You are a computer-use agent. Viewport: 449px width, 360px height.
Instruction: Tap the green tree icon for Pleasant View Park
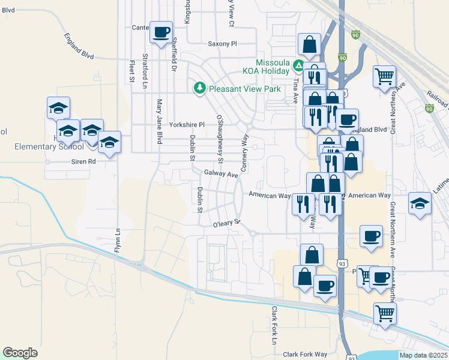[200, 89]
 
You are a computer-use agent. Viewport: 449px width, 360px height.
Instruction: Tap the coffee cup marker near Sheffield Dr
[161, 32]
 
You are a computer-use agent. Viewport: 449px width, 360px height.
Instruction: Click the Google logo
[20, 353]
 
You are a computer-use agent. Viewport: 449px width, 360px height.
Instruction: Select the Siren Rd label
[83, 161]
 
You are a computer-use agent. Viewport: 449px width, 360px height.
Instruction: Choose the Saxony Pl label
[223, 44]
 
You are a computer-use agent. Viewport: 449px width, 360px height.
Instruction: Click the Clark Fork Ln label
[275, 325]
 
